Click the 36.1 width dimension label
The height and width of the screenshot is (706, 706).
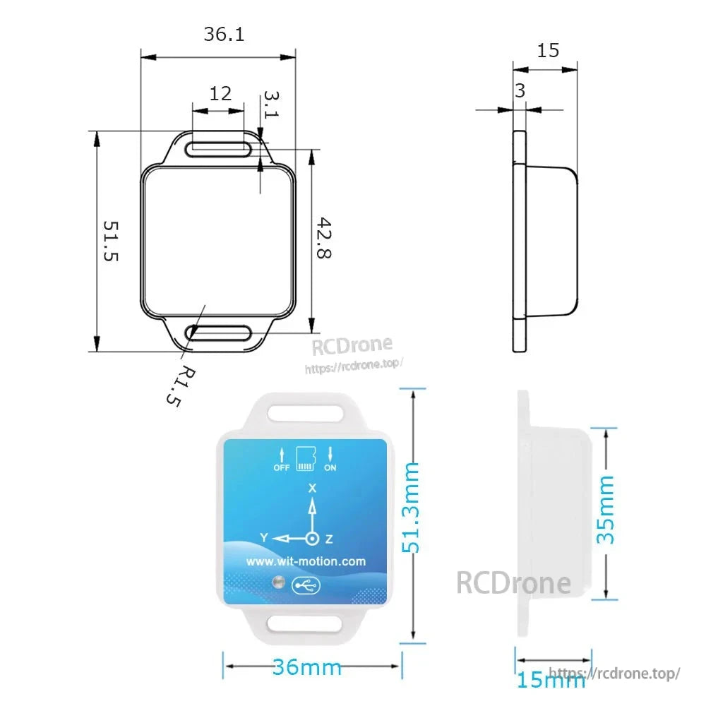pos(224,34)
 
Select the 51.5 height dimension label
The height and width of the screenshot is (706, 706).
pos(111,241)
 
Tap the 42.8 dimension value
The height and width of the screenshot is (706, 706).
pos(324,238)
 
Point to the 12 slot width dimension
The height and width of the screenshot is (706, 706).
pos(220,94)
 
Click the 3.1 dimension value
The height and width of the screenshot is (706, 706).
pos(271,104)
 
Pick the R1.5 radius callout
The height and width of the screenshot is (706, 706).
pos(181,387)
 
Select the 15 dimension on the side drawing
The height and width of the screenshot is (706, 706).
pos(548,50)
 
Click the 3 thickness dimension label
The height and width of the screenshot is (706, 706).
pos(520,91)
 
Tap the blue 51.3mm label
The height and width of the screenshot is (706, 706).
pos(411,508)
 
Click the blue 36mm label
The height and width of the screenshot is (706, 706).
pos(306,667)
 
